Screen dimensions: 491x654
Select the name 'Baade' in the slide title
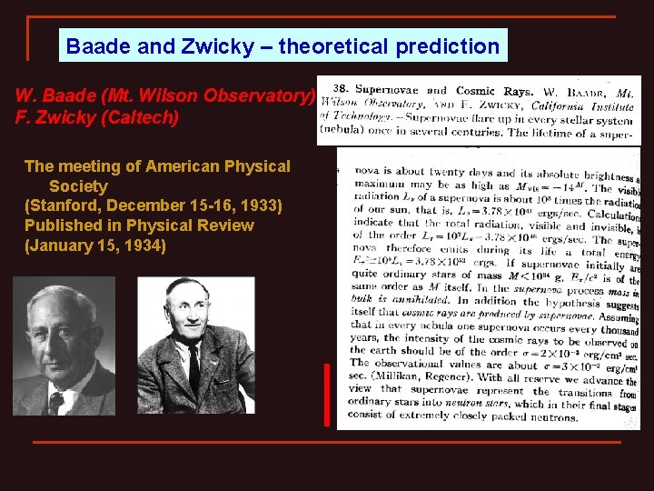[95, 46]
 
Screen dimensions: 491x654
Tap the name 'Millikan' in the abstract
[397, 376]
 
